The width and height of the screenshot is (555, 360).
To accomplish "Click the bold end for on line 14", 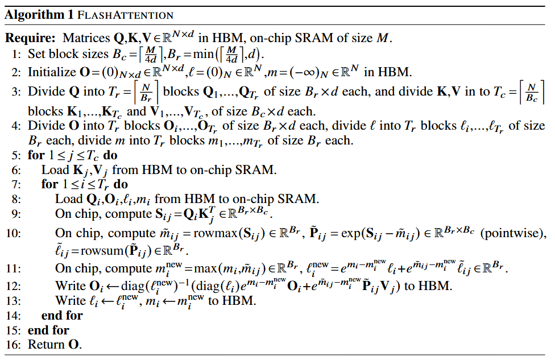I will coord(62,315).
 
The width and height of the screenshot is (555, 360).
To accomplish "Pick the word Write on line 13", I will coord(69,300).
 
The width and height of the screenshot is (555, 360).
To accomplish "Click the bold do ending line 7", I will coord(121,184).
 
